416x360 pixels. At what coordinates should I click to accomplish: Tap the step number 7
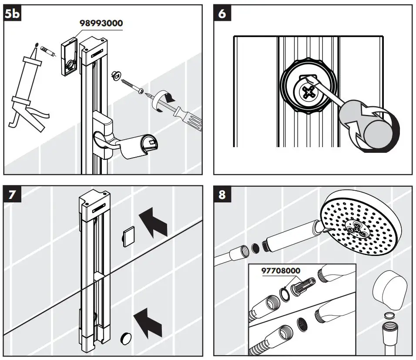12,194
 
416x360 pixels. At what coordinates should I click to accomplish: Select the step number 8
222,194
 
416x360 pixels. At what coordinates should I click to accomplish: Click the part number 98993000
101,23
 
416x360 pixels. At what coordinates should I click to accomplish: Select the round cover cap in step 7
126,338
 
